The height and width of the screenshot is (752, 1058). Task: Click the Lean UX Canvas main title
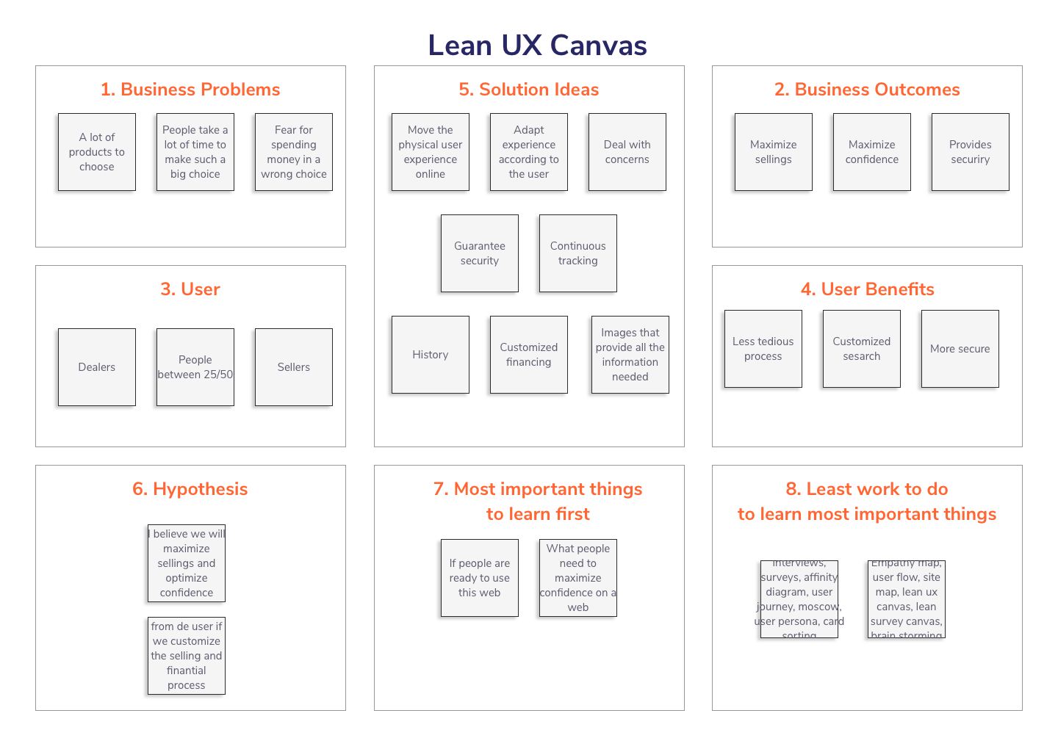pyautogui.click(x=537, y=46)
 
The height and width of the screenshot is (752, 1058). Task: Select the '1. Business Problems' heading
pyautogui.click(x=190, y=90)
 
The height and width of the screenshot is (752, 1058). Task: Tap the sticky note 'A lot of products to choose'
pyautogui.click(x=97, y=152)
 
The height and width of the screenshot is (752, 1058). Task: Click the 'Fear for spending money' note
pyautogui.click(x=294, y=152)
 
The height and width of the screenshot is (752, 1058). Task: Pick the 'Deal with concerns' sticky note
pyautogui.click(x=627, y=152)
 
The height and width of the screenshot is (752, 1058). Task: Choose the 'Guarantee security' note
pyautogui.click(x=479, y=253)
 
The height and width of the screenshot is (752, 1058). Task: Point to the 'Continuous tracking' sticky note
pyautogui.click(x=577, y=253)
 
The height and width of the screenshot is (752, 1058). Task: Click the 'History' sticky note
pyautogui.click(x=430, y=355)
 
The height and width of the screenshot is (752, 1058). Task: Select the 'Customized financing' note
pyautogui.click(x=528, y=355)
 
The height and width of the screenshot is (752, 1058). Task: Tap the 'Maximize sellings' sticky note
pyautogui.click(x=773, y=152)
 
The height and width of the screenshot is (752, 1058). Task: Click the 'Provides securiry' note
pyautogui.click(x=970, y=152)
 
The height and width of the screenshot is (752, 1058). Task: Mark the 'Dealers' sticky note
pyautogui.click(x=97, y=367)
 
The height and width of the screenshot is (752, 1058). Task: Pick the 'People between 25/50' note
pyautogui.click(x=195, y=367)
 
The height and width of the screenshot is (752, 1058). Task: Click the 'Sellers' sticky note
pyautogui.click(x=294, y=367)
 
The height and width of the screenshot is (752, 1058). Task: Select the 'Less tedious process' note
pyautogui.click(x=763, y=349)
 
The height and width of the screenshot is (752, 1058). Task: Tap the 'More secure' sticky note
pyautogui.click(x=960, y=349)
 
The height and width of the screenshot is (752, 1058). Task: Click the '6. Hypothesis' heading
pyautogui.click(x=190, y=489)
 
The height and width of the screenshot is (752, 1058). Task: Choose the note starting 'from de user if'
pyautogui.click(x=187, y=656)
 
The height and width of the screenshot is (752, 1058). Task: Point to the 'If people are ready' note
pyautogui.click(x=479, y=578)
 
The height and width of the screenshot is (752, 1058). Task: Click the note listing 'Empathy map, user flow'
pyautogui.click(x=906, y=599)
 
